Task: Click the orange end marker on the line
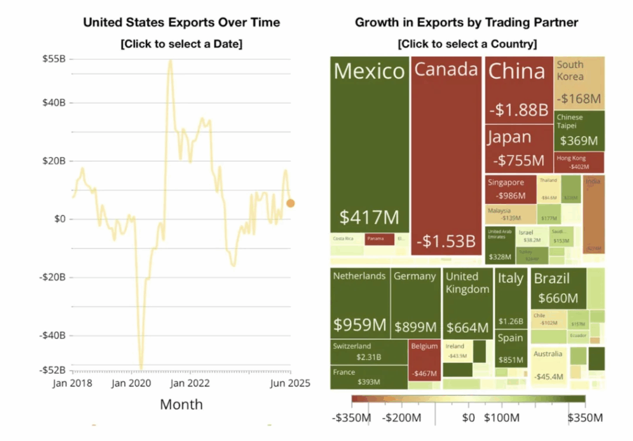tap(291, 203)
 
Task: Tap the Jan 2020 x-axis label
tap(131, 384)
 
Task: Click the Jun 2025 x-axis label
tap(289, 384)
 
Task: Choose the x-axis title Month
tap(181, 405)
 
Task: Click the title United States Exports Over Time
tap(181, 23)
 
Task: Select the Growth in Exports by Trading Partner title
tap(466, 23)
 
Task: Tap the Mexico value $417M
tap(369, 217)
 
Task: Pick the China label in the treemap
tap(517, 72)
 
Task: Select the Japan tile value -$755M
tap(519, 161)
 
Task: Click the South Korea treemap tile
tap(579, 83)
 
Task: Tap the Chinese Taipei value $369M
tap(579, 141)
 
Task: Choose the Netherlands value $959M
tap(360, 324)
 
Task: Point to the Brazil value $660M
tap(558, 299)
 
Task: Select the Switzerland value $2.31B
tap(368, 357)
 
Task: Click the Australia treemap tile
tap(548, 366)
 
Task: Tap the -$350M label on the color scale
tap(350, 418)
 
